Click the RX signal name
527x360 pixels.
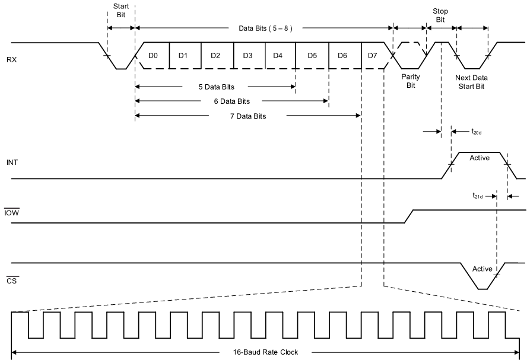click(x=11, y=60)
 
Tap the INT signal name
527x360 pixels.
click(x=11, y=163)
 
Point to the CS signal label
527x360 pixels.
click(x=11, y=280)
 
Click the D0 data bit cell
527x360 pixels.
click(x=153, y=56)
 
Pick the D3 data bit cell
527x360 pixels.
click(x=248, y=56)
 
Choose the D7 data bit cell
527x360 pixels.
click(x=372, y=56)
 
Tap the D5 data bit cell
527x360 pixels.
click(x=312, y=56)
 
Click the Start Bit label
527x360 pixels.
click(x=120, y=11)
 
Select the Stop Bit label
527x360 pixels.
click(x=440, y=15)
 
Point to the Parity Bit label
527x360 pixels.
click(x=409, y=81)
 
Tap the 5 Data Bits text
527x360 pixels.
click(x=216, y=87)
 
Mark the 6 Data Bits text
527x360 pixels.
click(x=232, y=101)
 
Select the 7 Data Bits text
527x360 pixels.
click(x=247, y=116)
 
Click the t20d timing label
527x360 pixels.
click(x=476, y=132)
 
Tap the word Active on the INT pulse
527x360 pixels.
click(x=480, y=158)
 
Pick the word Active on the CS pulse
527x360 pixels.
click(x=482, y=269)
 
